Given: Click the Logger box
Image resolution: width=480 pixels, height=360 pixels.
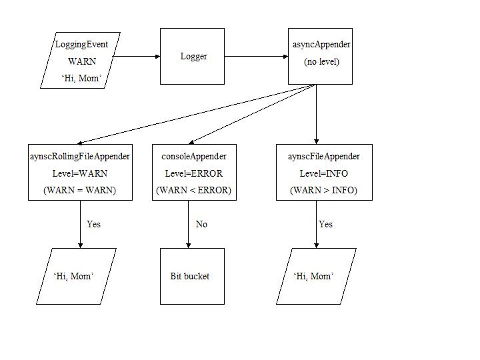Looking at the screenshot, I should [x=193, y=57].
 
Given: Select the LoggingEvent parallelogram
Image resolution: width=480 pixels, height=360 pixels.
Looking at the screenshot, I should [x=81, y=60].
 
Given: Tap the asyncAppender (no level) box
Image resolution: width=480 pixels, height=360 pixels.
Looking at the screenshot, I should [x=321, y=57].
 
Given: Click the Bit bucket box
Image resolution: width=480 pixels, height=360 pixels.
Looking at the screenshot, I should [x=192, y=276].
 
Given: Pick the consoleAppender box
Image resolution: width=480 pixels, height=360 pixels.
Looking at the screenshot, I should [x=193, y=172].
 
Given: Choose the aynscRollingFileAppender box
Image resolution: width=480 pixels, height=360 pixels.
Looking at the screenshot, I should [x=80, y=172].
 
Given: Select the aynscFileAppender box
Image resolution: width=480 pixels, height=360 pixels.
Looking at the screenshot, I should [x=324, y=172].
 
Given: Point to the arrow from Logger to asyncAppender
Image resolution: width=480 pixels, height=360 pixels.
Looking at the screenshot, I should [x=256, y=57].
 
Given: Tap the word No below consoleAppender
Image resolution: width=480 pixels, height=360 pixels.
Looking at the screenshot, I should [x=201, y=224].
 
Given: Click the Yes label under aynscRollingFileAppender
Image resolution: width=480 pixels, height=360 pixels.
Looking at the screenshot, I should [x=93, y=224].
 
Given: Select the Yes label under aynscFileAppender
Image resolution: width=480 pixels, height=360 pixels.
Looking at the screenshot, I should [x=325, y=224].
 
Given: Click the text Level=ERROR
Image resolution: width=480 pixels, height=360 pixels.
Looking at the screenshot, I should [x=193, y=173].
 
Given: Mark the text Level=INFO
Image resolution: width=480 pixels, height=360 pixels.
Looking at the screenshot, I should [x=323, y=173].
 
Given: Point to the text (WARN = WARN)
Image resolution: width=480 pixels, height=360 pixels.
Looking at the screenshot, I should [x=80, y=190].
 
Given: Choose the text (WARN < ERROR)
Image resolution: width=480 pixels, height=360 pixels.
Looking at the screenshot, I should [x=193, y=190].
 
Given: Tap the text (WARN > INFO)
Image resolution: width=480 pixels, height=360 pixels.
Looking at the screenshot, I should [x=323, y=190].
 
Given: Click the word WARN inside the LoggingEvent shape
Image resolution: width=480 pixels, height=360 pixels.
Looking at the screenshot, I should [x=82, y=61].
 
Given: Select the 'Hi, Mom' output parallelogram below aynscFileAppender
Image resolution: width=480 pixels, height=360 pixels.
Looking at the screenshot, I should [x=316, y=276].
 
